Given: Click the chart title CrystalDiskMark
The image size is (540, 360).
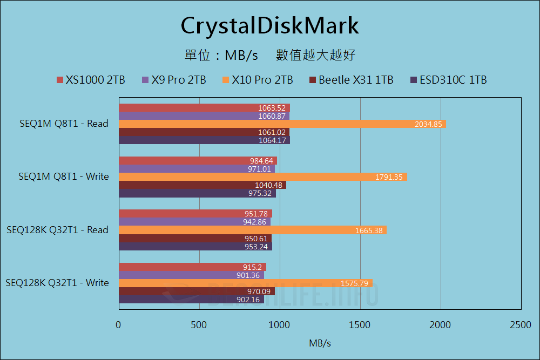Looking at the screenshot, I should point(269,25).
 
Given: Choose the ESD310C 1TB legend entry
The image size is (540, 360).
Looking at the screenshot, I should point(448,80).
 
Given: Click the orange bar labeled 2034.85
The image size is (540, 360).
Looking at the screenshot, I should point(282,124).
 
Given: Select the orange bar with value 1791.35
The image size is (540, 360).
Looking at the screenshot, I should point(262,177).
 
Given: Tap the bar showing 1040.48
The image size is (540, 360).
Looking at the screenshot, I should point(202,185).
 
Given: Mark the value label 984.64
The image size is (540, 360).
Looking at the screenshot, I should point(261,161).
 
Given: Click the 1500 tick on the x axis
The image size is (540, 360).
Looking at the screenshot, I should point(360,324).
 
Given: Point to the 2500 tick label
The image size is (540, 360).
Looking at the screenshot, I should point(520,324).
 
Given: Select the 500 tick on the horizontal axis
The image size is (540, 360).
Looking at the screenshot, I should point(199,324).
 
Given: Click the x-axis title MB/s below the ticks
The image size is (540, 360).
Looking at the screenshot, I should point(320,343).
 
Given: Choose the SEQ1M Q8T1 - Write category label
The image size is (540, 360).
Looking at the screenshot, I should point(63,176).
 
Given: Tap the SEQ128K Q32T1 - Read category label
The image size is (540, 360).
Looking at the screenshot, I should point(57,230).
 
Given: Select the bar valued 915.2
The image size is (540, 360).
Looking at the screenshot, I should point(192,267).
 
